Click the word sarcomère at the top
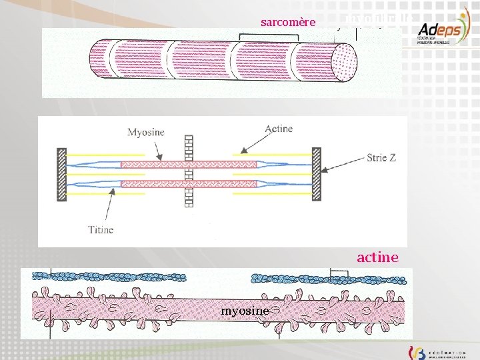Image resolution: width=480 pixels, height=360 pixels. [x=288, y=22]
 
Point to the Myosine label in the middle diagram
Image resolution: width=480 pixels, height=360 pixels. [x=145, y=132]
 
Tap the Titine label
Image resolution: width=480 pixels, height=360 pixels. [x=101, y=230]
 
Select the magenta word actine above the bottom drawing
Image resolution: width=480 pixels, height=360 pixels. [x=377, y=257]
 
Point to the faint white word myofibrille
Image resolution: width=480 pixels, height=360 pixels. [x=379, y=19]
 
